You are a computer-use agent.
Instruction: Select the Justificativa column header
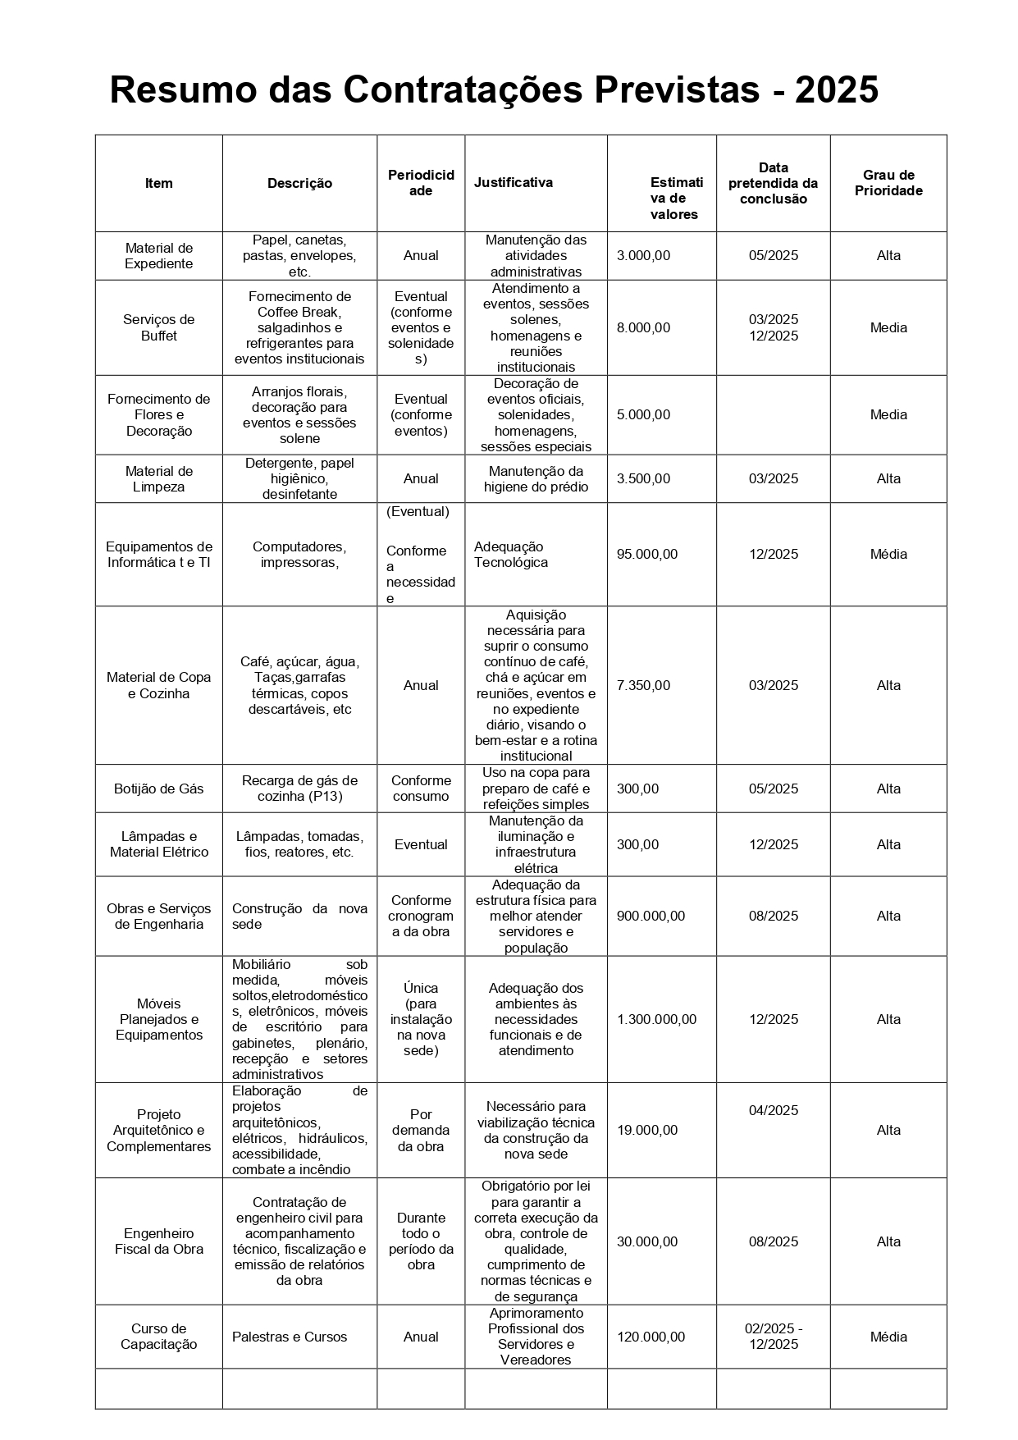point(513,182)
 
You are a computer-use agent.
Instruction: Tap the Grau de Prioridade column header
point(888,183)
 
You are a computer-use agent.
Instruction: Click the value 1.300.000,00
point(656,1019)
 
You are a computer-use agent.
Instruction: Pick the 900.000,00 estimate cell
point(651,916)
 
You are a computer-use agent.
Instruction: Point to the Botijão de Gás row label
point(158,789)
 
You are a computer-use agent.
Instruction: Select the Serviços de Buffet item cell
point(158,327)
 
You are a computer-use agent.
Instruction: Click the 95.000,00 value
point(647,554)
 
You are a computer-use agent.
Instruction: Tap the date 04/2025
point(773,1110)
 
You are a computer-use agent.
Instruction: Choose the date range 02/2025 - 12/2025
point(773,1336)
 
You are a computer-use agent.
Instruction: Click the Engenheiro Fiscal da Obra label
point(158,1241)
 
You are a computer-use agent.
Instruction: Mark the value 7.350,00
point(643,685)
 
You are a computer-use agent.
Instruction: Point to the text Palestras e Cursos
point(290,1337)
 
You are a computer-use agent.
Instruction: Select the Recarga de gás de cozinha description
point(299,789)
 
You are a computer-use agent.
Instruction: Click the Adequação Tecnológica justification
point(510,554)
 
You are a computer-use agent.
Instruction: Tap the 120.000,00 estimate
point(651,1337)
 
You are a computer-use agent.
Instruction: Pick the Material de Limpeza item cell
point(158,478)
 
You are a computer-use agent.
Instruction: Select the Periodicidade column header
point(421,182)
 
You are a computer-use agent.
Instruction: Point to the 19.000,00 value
point(647,1130)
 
